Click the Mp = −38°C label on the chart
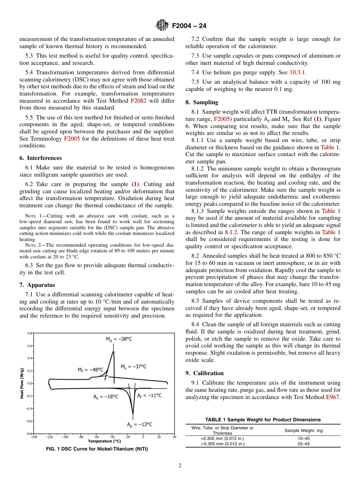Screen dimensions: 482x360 (x=119, y=339)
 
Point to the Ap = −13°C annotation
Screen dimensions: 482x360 (x=139, y=425)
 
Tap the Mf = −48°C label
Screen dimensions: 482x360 (x=90, y=370)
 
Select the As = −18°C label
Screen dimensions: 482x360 (x=106, y=397)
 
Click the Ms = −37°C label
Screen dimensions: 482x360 (x=133, y=366)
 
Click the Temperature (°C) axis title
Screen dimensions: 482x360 (x=105, y=441)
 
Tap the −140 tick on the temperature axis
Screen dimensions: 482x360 (x=34, y=437)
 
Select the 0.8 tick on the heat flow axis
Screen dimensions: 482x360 (x=29, y=333)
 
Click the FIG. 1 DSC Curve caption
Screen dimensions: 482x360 (x=97, y=449)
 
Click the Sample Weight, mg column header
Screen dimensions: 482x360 (x=304, y=430)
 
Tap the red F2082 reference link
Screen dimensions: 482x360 (x=138, y=101)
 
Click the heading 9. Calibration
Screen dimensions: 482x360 (x=205, y=373)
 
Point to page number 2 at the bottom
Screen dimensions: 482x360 (x=180, y=466)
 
